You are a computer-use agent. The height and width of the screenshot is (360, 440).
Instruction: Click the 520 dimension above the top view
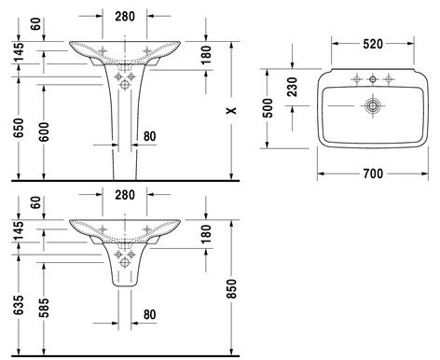pyautogui.click(x=373, y=44)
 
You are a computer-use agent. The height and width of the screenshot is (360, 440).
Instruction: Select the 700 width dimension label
pyautogui.click(x=373, y=173)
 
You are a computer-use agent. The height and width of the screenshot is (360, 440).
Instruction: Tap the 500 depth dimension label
pyautogui.click(x=268, y=108)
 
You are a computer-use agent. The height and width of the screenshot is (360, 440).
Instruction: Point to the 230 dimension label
pyautogui.click(x=292, y=87)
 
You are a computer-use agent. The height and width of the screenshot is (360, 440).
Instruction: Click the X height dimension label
pyautogui.click(x=231, y=110)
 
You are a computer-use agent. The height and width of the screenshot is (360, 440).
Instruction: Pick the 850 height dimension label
pyautogui.click(x=231, y=289)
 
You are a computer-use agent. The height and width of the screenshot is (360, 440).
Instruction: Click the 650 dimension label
pyautogui.click(x=19, y=128)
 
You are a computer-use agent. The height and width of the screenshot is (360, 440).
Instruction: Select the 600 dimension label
pyautogui.click(x=44, y=132)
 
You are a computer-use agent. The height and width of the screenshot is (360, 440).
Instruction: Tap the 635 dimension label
pyautogui.click(x=19, y=305)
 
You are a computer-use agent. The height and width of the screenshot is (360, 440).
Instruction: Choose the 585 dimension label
pyautogui.click(x=44, y=308)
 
